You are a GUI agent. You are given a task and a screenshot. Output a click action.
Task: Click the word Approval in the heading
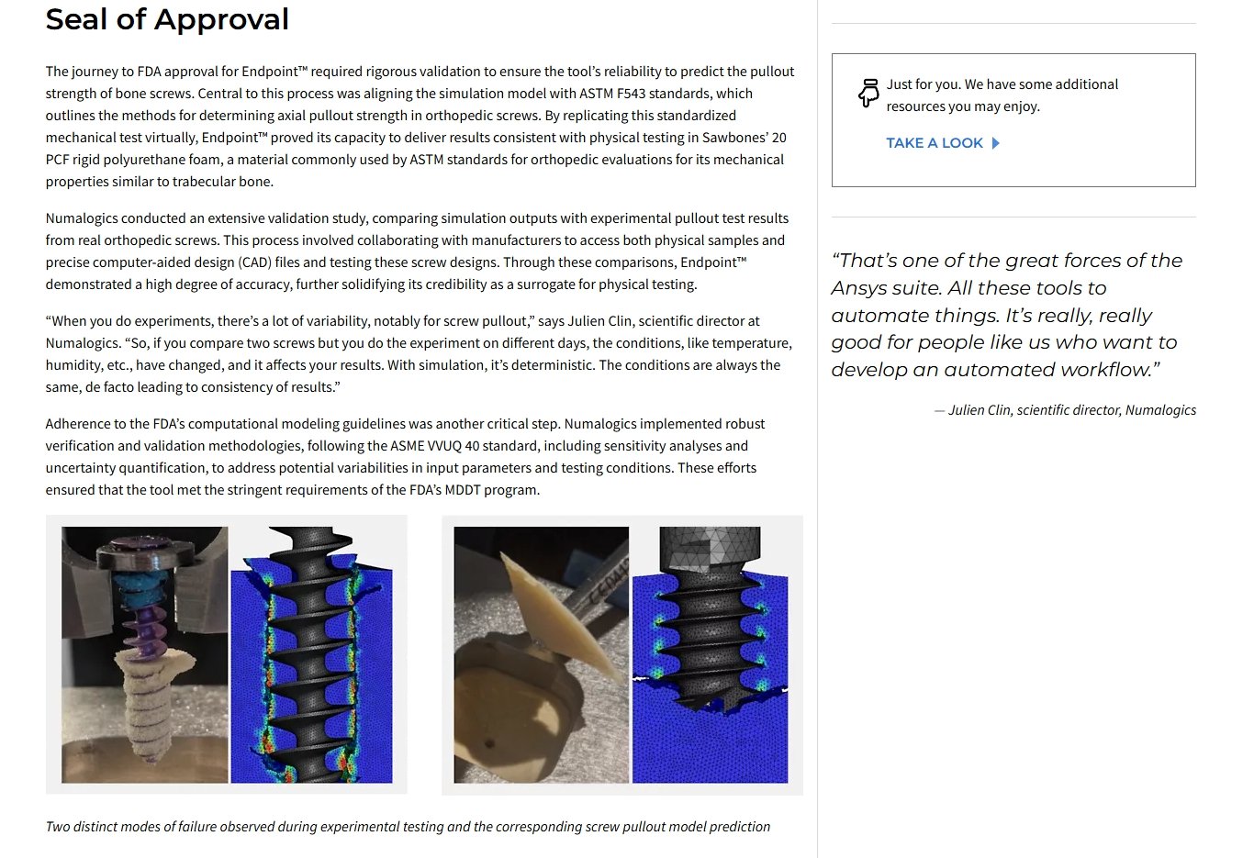(221, 19)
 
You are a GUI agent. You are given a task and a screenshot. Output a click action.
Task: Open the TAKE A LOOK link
(942, 143)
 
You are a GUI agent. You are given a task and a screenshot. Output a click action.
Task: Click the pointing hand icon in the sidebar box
(868, 93)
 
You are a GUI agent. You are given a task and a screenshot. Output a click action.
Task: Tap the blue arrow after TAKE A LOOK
(996, 143)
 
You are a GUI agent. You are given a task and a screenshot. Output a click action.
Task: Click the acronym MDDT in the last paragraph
(463, 490)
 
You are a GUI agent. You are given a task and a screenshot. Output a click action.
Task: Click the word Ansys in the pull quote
(858, 288)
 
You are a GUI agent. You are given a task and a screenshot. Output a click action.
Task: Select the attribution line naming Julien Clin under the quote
(1065, 410)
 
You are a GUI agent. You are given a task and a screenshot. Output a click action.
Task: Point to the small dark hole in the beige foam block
(490, 744)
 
